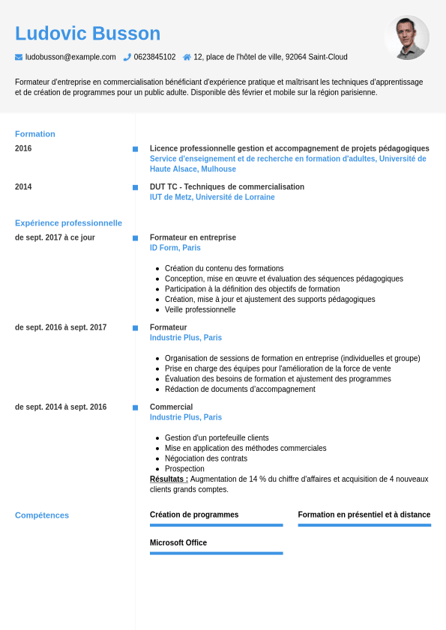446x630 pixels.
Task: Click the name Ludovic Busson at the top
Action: pyautogui.click(x=88, y=34)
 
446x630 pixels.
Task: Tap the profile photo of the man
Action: pyautogui.click(x=407, y=37)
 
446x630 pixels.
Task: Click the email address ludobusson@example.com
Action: pyautogui.click(x=70, y=57)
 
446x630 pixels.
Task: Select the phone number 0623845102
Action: pyautogui.click(x=154, y=57)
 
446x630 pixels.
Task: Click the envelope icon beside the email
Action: pyautogui.click(x=19, y=57)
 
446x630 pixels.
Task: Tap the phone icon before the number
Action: pyautogui.click(x=127, y=57)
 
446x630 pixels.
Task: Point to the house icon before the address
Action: pyautogui.click(x=187, y=57)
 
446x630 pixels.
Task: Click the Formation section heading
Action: pyautogui.click(x=35, y=134)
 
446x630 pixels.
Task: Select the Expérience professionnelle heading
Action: pyautogui.click(x=68, y=223)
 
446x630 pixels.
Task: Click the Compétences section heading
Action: pyautogui.click(x=42, y=515)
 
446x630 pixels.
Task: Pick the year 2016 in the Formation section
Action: pyautogui.click(x=23, y=148)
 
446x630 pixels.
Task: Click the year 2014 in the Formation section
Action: pyautogui.click(x=23, y=187)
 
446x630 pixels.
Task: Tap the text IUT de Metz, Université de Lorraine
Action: pyautogui.click(x=212, y=197)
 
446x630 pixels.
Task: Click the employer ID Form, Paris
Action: pyautogui.click(x=175, y=248)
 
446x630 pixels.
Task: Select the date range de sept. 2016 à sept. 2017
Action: pyautogui.click(x=61, y=327)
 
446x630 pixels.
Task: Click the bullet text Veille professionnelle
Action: pyautogui.click(x=200, y=309)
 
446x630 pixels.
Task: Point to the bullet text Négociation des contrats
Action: pyautogui.click(x=206, y=458)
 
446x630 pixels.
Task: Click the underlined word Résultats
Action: pyautogui.click(x=169, y=479)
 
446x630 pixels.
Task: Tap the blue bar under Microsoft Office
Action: pyautogui.click(x=216, y=553)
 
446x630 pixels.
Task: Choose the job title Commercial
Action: pyautogui.click(x=171, y=407)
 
